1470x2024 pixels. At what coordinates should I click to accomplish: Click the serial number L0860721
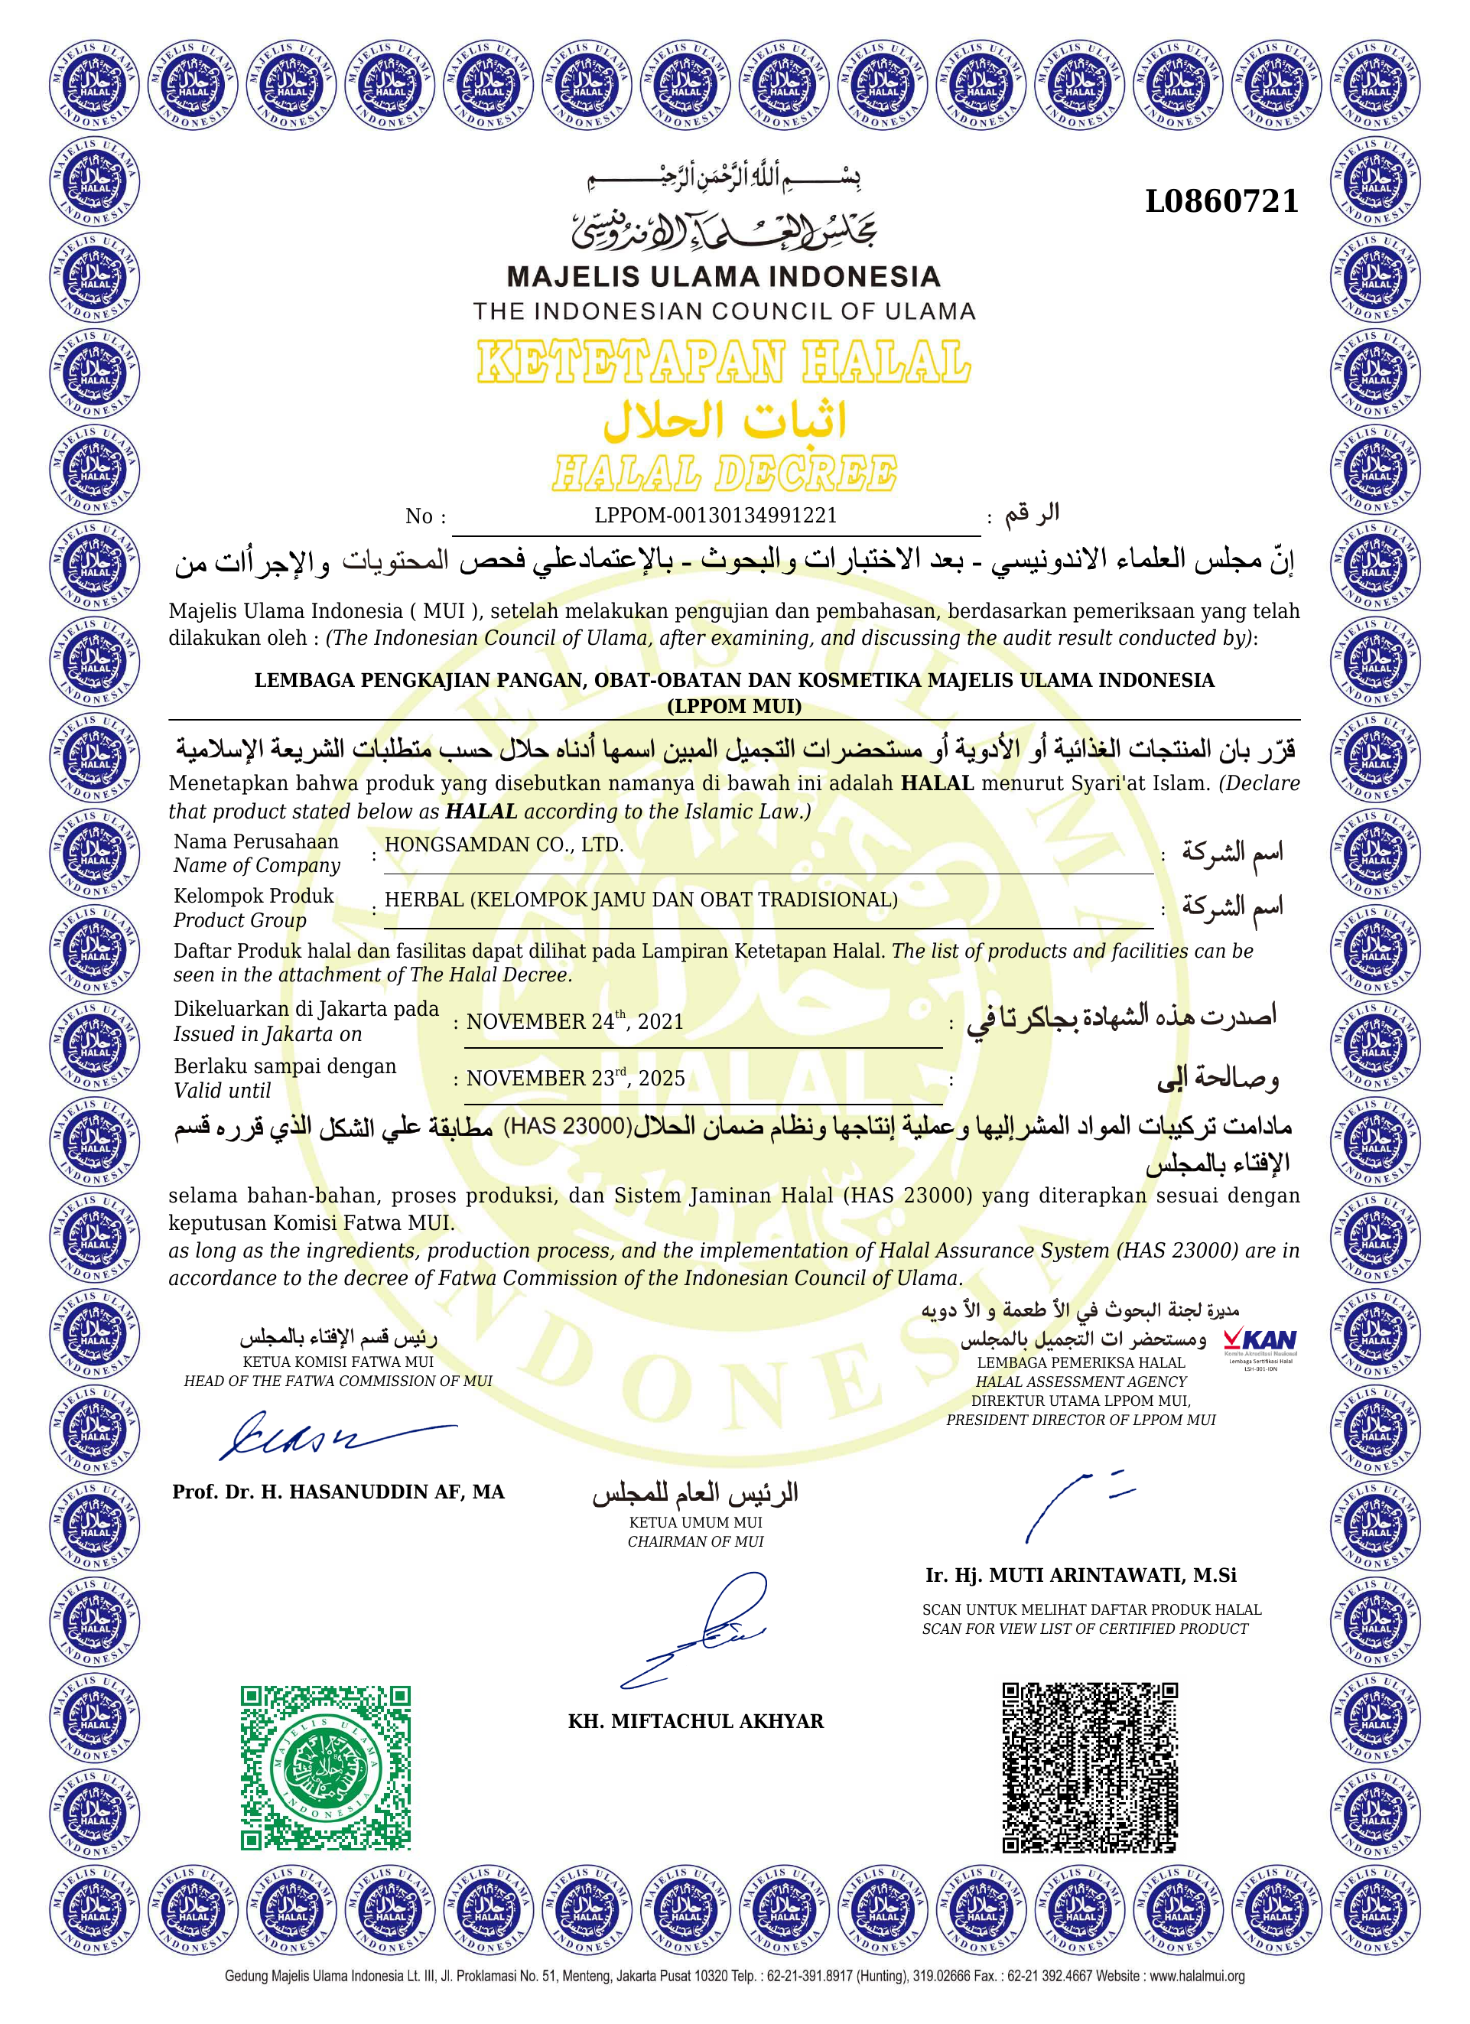tap(1221, 202)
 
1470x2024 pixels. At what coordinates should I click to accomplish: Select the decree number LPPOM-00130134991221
tap(715, 515)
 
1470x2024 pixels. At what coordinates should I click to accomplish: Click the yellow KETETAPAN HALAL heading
tap(723, 363)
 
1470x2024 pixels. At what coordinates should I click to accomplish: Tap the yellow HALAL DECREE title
tap(724, 473)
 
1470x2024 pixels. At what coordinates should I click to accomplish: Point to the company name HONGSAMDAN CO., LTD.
tap(503, 844)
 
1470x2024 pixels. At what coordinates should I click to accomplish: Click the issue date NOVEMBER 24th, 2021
tap(574, 1021)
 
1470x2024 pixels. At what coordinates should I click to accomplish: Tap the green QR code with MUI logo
tap(325, 1767)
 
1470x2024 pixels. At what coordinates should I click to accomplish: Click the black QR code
tap(1090, 1767)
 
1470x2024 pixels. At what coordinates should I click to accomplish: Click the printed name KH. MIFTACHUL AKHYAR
tap(695, 1721)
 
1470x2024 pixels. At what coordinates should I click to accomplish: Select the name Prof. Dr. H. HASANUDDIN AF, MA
tap(338, 1492)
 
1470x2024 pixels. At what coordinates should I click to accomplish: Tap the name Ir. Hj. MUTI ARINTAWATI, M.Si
tap(1080, 1575)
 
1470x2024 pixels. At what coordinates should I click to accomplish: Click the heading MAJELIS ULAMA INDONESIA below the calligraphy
tap(723, 277)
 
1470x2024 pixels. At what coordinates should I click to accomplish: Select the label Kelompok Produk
tap(253, 896)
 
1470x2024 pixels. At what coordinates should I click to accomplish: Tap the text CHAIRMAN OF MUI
tap(695, 1541)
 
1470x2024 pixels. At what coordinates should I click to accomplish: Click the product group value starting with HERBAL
tap(641, 900)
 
